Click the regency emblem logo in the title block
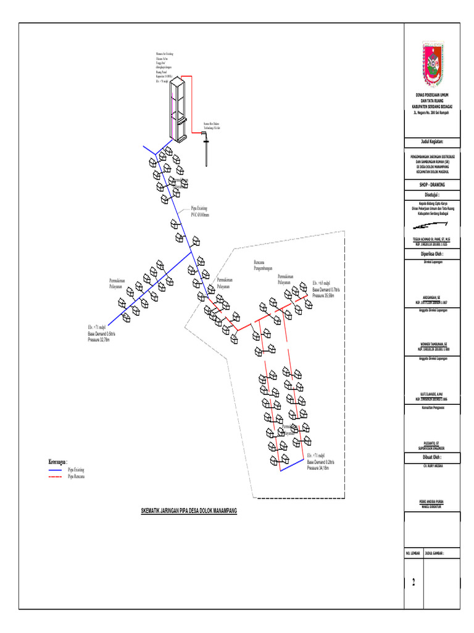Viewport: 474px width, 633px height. coord(432,63)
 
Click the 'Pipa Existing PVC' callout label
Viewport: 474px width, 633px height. coord(200,212)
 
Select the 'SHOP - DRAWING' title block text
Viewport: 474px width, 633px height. coord(432,184)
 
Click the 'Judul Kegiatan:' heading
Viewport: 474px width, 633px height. coord(432,141)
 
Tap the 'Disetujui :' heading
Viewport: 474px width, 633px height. coord(432,194)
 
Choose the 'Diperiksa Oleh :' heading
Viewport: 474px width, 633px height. coord(432,253)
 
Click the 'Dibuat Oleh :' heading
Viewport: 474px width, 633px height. coord(432,457)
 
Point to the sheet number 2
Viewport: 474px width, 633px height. coord(414,582)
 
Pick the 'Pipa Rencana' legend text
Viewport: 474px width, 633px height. coord(76,477)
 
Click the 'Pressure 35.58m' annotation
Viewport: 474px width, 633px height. coord(323,296)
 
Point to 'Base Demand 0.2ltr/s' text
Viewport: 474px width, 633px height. coord(320,462)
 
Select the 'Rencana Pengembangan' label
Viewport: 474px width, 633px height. coord(266,266)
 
